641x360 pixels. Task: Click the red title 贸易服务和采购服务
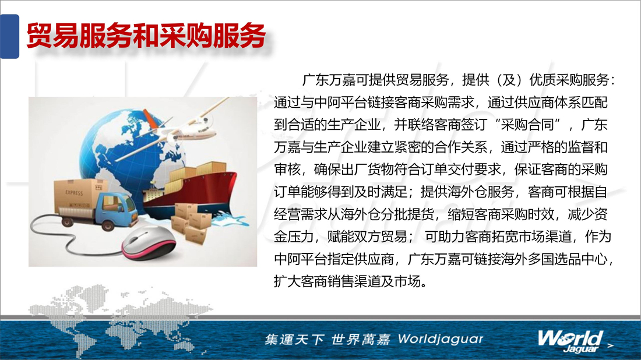pos(146,36)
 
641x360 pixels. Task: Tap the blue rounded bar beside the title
pos(9,36)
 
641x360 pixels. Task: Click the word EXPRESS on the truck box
pos(74,193)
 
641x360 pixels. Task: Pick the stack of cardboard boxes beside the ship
pos(192,223)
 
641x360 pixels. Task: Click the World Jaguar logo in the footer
pos(570,341)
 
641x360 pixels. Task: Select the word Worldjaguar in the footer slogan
pos(441,339)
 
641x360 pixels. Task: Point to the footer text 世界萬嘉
pos(361,339)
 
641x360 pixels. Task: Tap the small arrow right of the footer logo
pos(610,345)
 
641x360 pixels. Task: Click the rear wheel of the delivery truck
pos(66,221)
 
